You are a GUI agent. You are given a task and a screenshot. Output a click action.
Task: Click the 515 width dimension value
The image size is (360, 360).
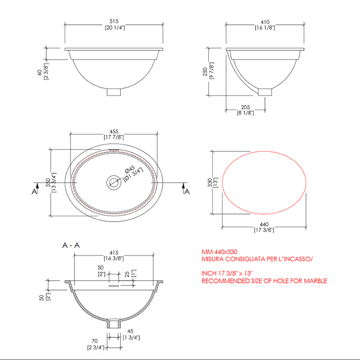pos(114,21)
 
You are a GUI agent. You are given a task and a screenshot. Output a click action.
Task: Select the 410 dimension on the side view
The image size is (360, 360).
pos(265,22)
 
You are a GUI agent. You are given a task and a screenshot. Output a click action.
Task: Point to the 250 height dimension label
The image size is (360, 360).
pos(205,71)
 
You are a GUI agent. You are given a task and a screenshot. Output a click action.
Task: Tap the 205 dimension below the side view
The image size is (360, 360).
pos(245,107)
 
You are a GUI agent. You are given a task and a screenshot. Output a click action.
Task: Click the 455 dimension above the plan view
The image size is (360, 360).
pos(114,132)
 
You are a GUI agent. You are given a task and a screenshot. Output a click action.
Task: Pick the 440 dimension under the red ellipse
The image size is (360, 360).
pos(264,224)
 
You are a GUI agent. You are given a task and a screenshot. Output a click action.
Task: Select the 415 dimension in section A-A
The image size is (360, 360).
pos(114,253)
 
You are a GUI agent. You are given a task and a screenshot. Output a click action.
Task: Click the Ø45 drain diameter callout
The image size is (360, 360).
pos(130,169)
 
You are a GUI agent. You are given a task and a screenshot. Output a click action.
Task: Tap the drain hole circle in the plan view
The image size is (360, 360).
pos(114,183)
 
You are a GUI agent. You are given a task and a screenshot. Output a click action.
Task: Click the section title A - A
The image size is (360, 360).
pos(71,245)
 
